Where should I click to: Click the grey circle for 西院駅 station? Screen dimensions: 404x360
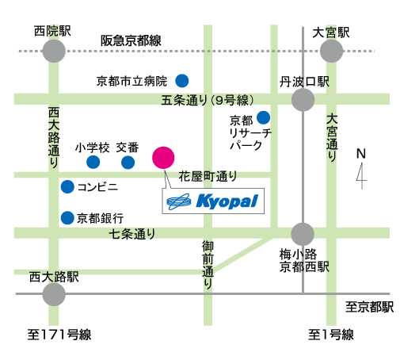(54, 51)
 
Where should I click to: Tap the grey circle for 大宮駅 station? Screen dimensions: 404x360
(331, 51)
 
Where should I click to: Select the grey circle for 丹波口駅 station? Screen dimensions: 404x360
(303, 100)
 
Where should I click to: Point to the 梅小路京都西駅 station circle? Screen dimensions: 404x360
(303, 234)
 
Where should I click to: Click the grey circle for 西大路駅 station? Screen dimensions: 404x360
(54, 294)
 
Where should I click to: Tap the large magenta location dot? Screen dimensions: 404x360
(163, 158)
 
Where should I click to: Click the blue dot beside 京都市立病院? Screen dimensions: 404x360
(182, 81)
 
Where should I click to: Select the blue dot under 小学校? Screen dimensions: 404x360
(93, 162)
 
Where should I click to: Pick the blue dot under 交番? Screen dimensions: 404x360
(128, 163)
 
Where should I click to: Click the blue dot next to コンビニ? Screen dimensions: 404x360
(67, 186)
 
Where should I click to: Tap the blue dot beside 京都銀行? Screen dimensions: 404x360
(67, 218)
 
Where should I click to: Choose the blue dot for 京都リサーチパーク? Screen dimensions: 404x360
(263, 117)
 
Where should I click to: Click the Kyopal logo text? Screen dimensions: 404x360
(227, 201)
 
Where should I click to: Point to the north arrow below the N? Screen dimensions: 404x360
(361, 176)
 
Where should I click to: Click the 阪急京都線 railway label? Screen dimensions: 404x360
(131, 40)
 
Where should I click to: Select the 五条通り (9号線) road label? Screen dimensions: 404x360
(208, 101)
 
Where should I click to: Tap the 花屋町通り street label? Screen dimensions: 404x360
(208, 176)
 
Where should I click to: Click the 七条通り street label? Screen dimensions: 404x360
(132, 234)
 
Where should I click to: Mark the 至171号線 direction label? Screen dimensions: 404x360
(59, 335)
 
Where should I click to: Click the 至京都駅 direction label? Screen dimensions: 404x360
(370, 307)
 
